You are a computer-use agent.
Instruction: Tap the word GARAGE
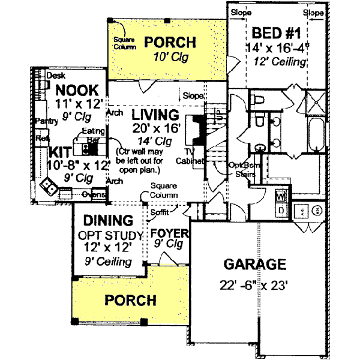click(x=254, y=264)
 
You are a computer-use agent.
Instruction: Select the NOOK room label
click(x=77, y=90)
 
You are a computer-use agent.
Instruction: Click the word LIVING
click(x=156, y=114)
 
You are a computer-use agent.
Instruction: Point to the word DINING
click(x=108, y=220)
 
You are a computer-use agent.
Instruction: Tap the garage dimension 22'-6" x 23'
click(x=254, y=285)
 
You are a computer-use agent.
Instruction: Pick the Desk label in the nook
click(x=55, y=76)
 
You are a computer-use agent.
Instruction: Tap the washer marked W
click(x=280, y=196)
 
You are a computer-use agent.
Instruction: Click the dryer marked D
click(x=280, y=210)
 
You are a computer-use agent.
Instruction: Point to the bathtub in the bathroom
click(x=316, y=135)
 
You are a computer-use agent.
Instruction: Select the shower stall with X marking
click(x=314, y=103)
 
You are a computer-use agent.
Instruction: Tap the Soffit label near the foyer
click(x=160, y=212)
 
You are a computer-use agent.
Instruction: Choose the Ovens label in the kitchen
click(x=94, y=195)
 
